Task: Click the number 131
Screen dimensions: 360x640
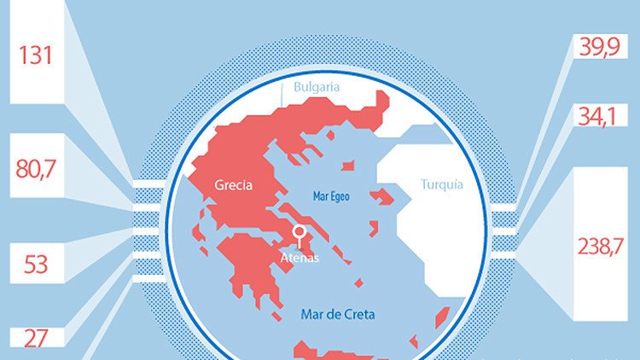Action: click(x=36, y=56)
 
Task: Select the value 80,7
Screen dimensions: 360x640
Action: click(x=36, y=168)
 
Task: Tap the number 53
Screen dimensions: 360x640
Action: click(x=36, y=264)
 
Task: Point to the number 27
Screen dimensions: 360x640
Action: click(x=36, y=338)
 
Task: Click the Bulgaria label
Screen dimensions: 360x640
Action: click(x=317, y=87)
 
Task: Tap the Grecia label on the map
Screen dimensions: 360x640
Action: click(x=234, y=184)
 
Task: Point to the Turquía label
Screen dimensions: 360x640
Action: click(x=442, y=183)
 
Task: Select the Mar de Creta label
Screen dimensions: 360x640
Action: click(x=338, y=314)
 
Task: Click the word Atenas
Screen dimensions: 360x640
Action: click(x=300, y=258)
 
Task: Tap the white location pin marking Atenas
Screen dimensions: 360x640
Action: click(x=300, y=232)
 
